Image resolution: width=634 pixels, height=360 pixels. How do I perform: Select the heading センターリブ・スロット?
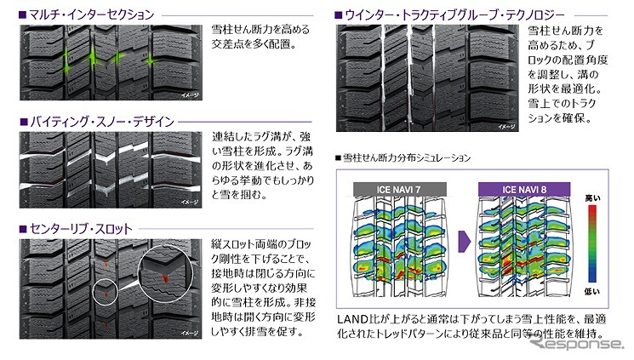pos(85,230)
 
